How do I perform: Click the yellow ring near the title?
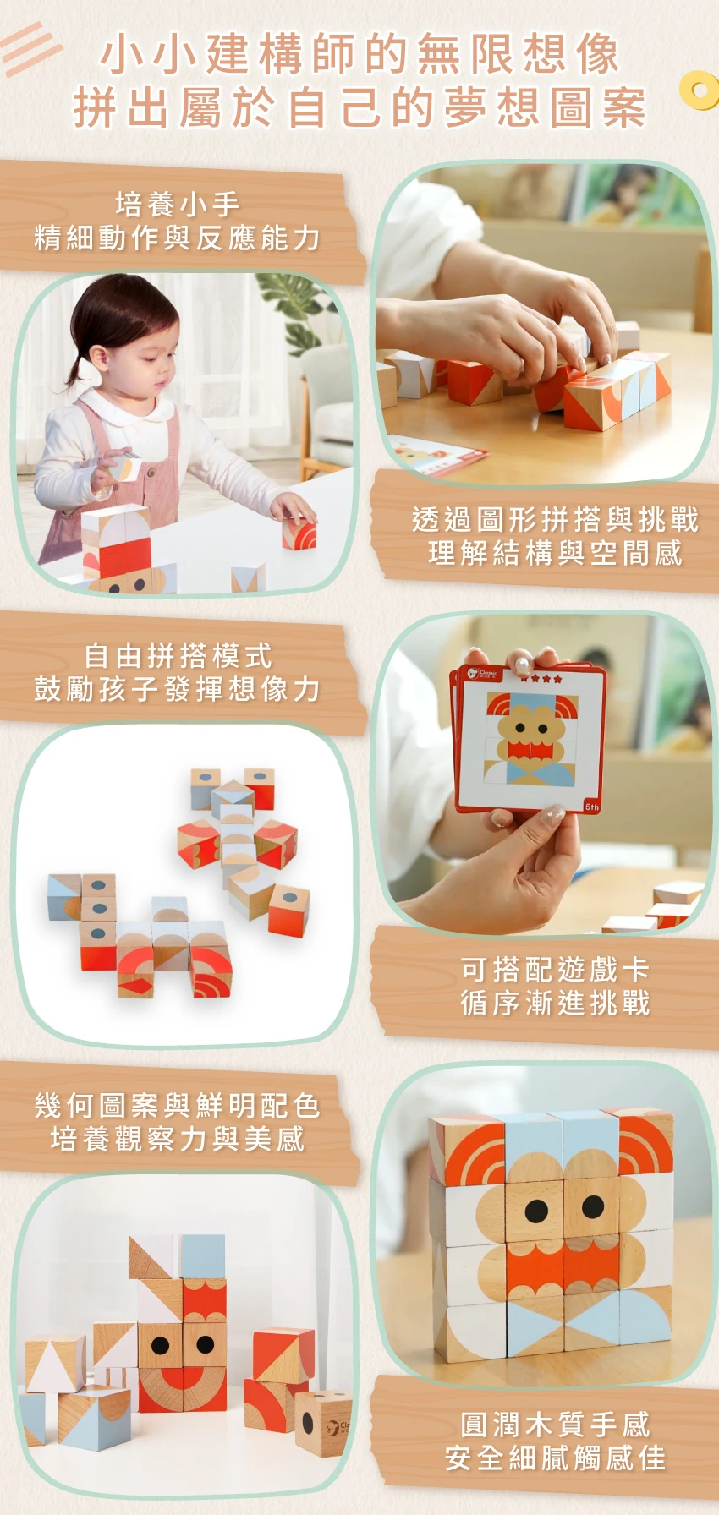click(699, 90)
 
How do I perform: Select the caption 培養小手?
click(178, 204)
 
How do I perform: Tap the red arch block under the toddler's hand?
click(299, 533)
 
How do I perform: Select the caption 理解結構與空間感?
click(555, 553)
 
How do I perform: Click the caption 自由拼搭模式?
click(178, 655)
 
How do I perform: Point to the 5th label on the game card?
click(592, 807)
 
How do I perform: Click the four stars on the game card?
click(541, 678)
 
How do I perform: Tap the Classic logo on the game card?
click(483, 674)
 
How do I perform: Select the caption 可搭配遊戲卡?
click(555, 969)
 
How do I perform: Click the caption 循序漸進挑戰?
click(555, 1003)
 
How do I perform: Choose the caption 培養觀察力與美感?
click(178, 1139)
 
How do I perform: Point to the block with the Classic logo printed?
click(324, 1424)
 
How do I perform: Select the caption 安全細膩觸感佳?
click(555, 1458)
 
